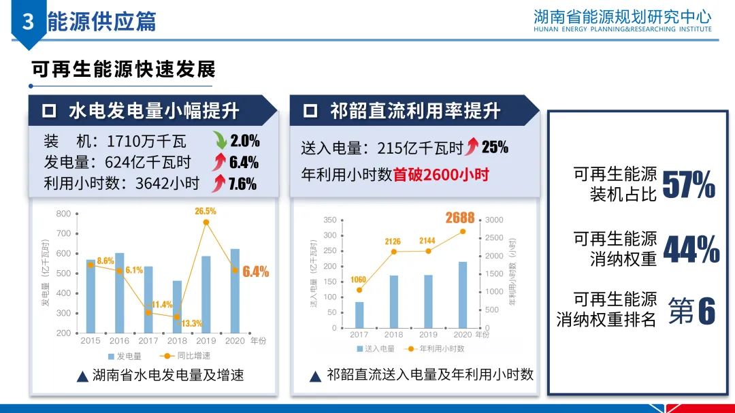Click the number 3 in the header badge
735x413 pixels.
click(x=28, y=22)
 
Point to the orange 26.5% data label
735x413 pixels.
click(x=205, y=211)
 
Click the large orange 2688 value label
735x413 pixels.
click(x=460, y=218)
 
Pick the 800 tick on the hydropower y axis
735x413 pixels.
click(x=63, y=214)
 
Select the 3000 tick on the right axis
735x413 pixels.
click(x=494, y=220)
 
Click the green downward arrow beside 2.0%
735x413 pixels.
click(x=219, y=142)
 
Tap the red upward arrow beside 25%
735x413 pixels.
click(x=472, y=147)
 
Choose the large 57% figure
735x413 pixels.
click(x=688, y=184)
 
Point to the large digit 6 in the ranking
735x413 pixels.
click(x=706, y=310)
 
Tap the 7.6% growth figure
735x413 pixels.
click(x=242, y=184)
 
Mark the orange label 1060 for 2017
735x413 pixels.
click(x=358, y=280)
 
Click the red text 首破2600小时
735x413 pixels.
click(x=442, y=174)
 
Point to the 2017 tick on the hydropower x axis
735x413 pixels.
click(x=148, y=340)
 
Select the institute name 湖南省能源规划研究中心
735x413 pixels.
click(x=622, y=16)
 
